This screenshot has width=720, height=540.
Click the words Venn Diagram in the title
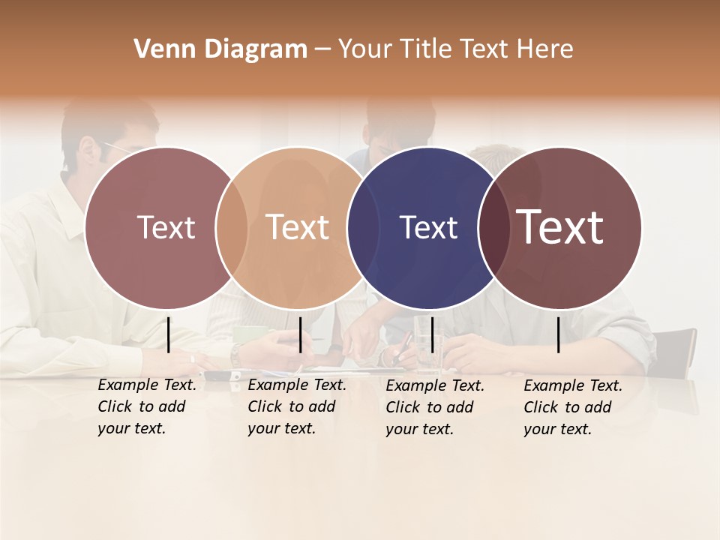point(220,49)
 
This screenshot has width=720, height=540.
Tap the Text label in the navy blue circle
point(428,228)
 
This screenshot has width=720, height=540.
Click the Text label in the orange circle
point(298,227)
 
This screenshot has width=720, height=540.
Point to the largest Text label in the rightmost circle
point(560,227)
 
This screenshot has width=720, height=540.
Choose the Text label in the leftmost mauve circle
point(166,227)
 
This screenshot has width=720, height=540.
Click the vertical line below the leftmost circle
point(169,334)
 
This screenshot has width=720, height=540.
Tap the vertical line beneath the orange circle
point(300,334)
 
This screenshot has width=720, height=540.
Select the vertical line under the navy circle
point(432,334)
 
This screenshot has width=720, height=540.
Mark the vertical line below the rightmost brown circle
point(559,334)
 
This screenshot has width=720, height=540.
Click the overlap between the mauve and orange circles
point(232,227)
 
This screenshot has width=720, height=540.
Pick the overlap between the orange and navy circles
point(363,227)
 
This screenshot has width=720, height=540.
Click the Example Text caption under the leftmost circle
point(147,406)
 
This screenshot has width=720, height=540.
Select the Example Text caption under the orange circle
point(297,406)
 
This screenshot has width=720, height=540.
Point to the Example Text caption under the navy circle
point(435,407)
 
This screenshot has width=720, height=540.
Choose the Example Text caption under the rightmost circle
point(573,407)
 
